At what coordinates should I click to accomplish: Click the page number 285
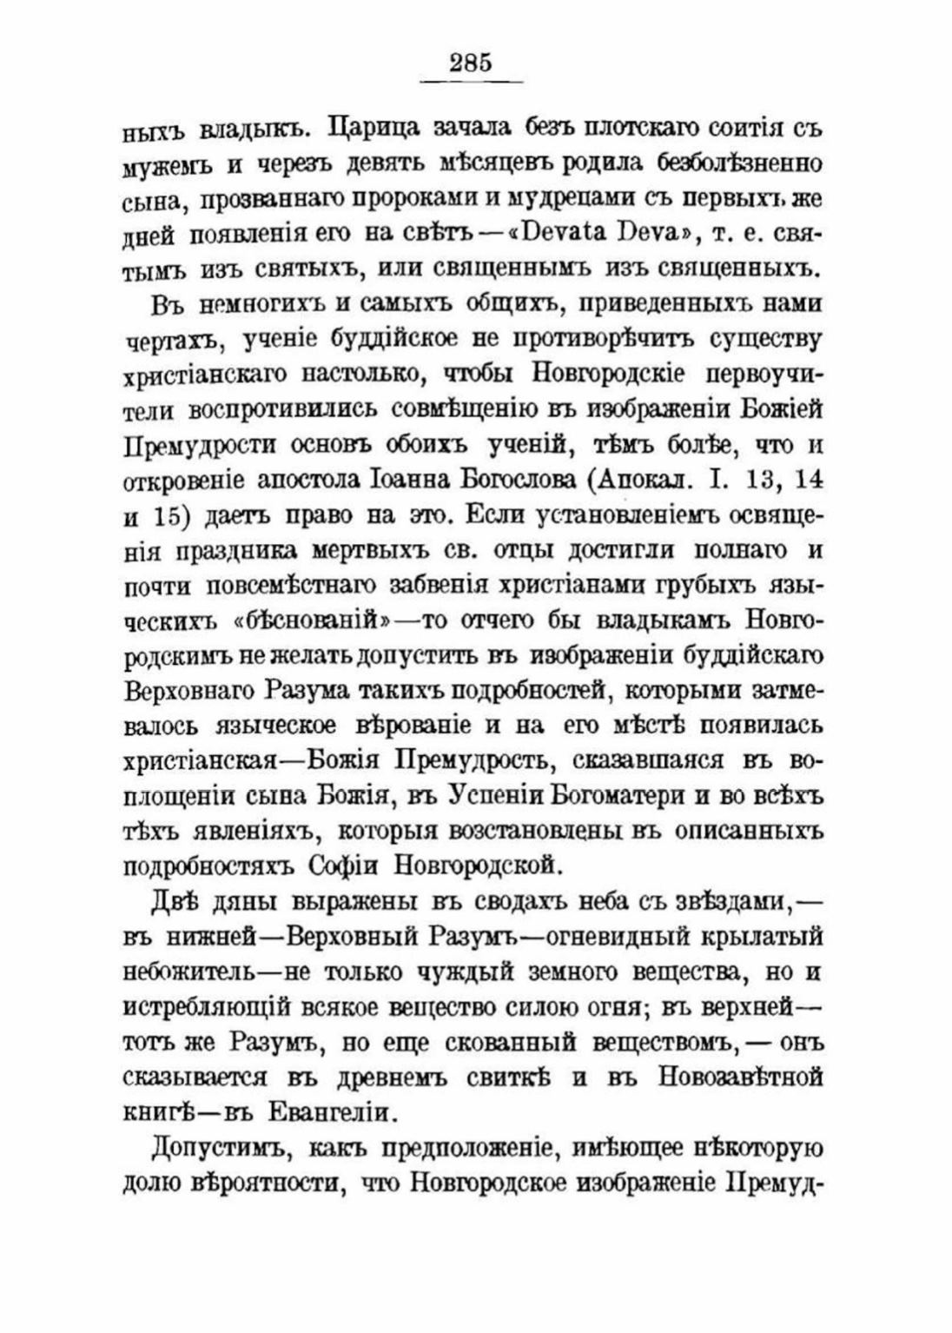(471, 63)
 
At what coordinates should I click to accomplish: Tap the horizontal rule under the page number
(471, 82)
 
